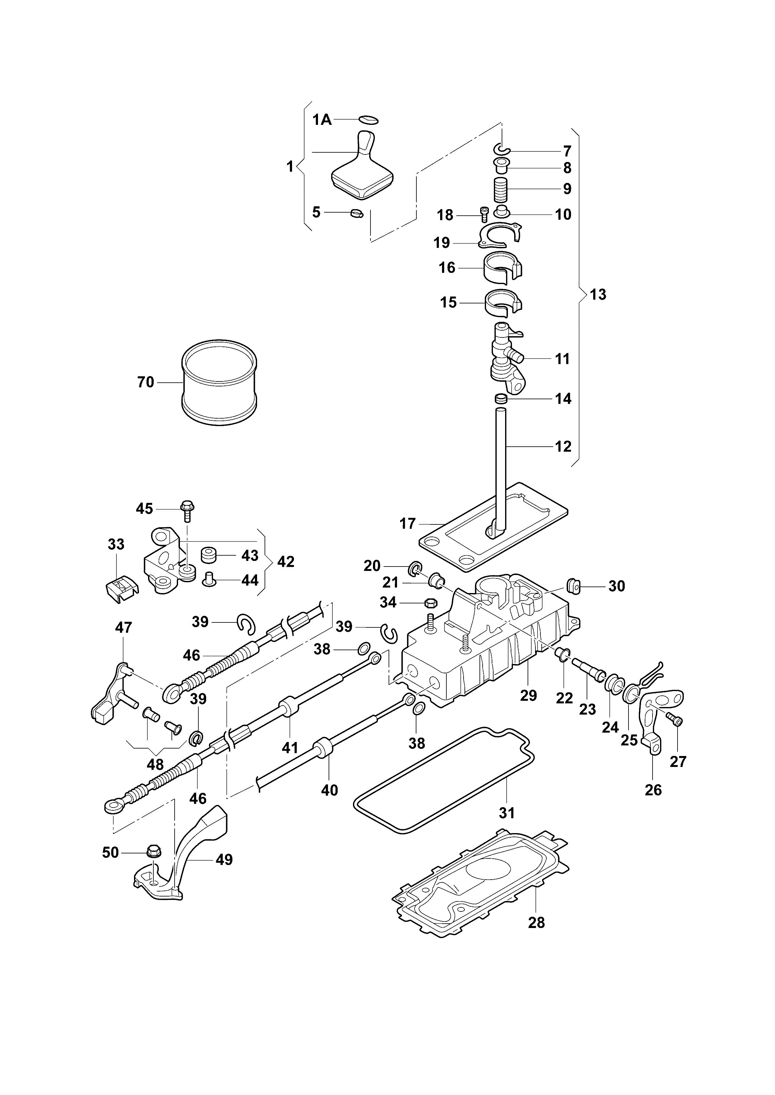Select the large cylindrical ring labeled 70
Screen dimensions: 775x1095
[x=220, y=382]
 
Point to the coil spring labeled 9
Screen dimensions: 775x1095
[x=500, y=190]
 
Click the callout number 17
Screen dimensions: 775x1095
[x=408, y=524]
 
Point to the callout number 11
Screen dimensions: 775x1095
[x=563, y=359]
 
